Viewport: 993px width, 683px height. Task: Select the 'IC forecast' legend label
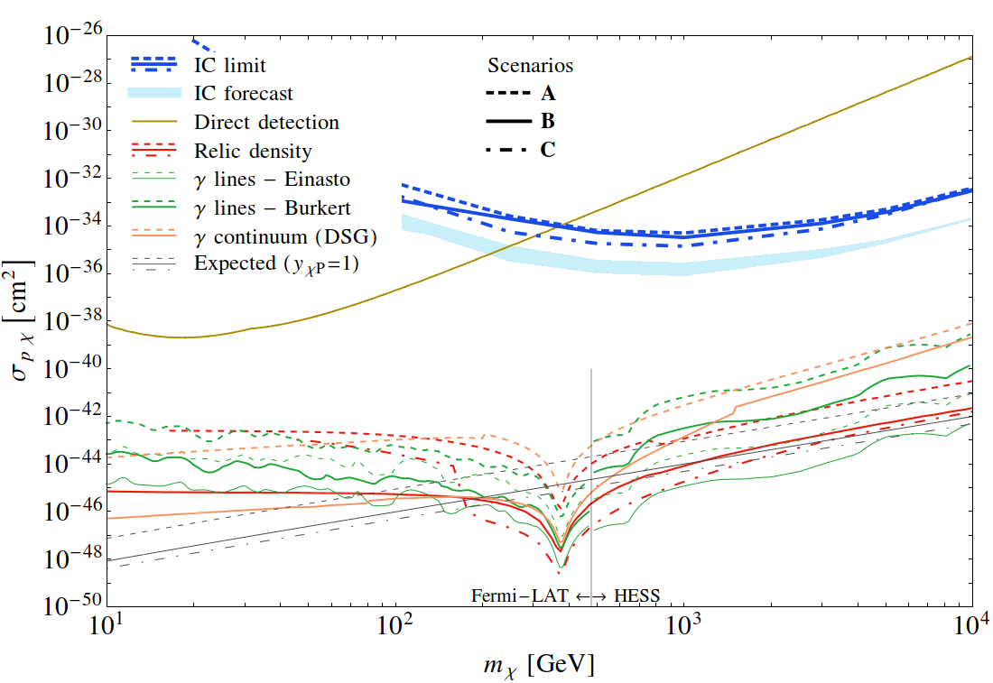tap(244, 93)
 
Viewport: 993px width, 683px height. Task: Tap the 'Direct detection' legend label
tap(266, 122)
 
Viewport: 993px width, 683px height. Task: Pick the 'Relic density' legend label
tap(253, 150)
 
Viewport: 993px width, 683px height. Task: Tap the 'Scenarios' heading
tap(530, 65)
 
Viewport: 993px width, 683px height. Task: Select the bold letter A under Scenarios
tap(548, 94)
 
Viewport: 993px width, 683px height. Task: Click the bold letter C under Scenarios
tap(548, 150)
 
